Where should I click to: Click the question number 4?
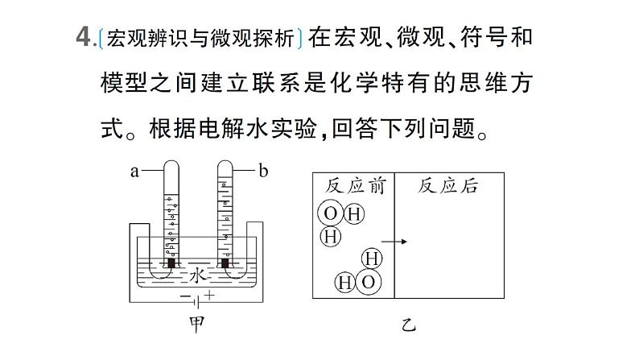pos(83,38)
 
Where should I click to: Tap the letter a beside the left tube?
pos(134,172)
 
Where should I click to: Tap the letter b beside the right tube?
pos(263,171)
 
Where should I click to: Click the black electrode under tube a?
pos(171,263)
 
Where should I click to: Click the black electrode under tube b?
pos(225,263)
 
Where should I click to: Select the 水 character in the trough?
pos(198,275)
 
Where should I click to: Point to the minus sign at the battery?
pos(185,296)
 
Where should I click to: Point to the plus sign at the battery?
pos(209,295)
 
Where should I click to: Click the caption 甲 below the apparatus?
pos(197,325)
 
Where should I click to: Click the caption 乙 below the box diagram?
pos(408,325)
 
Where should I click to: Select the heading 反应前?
pos(355,186)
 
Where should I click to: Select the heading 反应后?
pos(447,186)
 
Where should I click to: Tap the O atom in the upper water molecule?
pos(331,213)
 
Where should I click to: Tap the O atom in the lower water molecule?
pos(368,282)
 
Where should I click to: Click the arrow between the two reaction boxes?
pos(394,242)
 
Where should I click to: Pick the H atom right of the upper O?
pos(354,214)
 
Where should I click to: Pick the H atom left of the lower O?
pos(344,282)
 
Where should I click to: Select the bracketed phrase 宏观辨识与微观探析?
pos(200,39)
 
